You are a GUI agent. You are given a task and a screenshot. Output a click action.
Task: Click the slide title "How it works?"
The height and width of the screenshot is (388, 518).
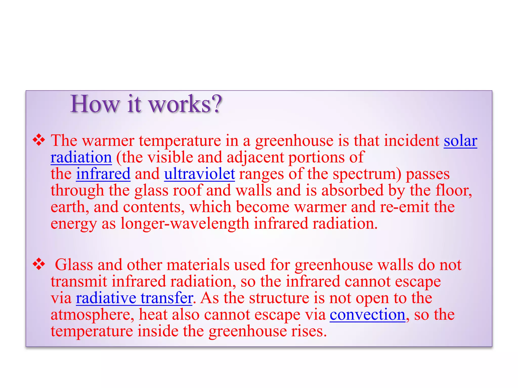(x=146, y=104)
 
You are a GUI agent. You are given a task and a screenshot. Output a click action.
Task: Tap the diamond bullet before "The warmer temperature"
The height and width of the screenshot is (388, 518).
(x=39, y=140)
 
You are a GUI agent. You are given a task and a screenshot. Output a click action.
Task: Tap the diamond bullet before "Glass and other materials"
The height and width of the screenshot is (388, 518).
(x=39, y=264)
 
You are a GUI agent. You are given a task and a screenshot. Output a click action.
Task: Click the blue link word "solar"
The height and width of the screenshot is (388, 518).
(x=460, y=141)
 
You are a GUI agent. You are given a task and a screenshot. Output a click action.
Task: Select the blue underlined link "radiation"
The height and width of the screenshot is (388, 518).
(x=81, y=157)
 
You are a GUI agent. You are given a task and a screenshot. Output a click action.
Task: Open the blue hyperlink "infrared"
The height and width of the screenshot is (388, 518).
(x=103, y=174)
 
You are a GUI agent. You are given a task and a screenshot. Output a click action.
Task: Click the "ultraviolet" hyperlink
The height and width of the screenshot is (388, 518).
(x=200, y=174)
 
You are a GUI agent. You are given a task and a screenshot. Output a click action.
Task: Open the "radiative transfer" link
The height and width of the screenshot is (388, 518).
(x=134, y=298)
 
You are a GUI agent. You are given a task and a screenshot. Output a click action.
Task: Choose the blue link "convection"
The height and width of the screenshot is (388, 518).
(x=368, y=315)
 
